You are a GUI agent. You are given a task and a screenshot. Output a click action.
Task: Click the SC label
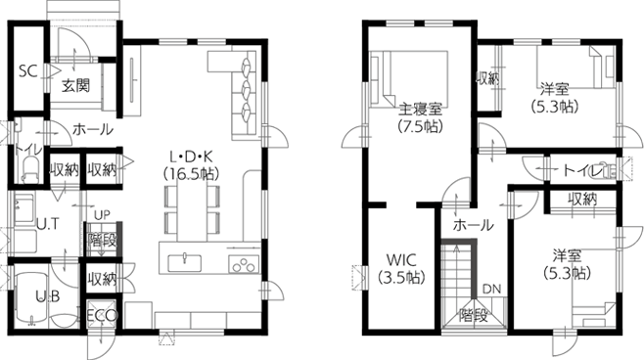point(27,71)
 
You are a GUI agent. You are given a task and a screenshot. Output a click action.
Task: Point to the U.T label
point(46,224)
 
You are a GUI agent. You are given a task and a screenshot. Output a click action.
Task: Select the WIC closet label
point(401,259)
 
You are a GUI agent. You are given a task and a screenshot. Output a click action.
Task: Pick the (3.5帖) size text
point(401,278)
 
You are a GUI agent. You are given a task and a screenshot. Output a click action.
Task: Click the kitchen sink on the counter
point(184,260)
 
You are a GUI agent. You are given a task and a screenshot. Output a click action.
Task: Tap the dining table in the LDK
point(193,208)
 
